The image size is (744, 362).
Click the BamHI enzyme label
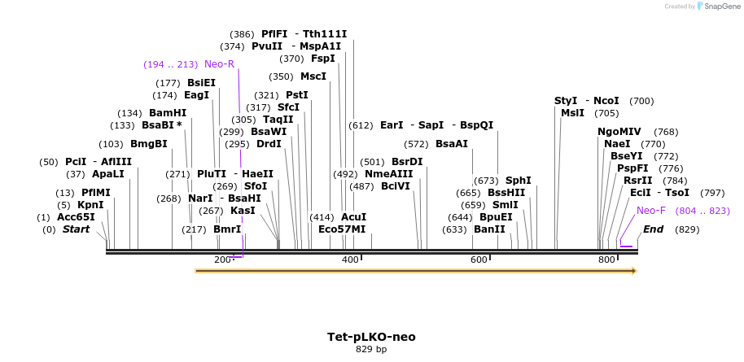tap(168, 113)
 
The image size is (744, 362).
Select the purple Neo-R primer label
tap(219, 64)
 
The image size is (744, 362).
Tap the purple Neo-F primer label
tap(650, 211)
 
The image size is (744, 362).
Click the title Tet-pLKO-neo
tap(371, 336)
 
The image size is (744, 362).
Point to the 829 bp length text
tap(371, 350)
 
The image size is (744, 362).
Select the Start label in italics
tap(76, 229)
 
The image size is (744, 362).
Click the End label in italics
tap(653, 229)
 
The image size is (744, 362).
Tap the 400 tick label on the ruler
tap(350, 260)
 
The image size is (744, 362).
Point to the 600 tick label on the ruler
tap(478, 260)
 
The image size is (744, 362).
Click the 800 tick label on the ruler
tap(606, 260)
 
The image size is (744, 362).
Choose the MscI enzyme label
tap(313, 76)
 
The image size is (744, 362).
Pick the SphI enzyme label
tap(519, 181)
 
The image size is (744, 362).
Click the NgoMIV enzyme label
tap(619, 132)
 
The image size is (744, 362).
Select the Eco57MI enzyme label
tap(342, 229)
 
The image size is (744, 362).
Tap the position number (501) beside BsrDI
tap(372, 162)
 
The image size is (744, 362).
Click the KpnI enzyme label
tap(90, 205)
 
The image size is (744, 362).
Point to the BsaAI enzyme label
tap(452, 144)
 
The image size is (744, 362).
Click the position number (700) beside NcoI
tap(641, 101)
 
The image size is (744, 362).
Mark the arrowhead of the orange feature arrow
tap(633, 270)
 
